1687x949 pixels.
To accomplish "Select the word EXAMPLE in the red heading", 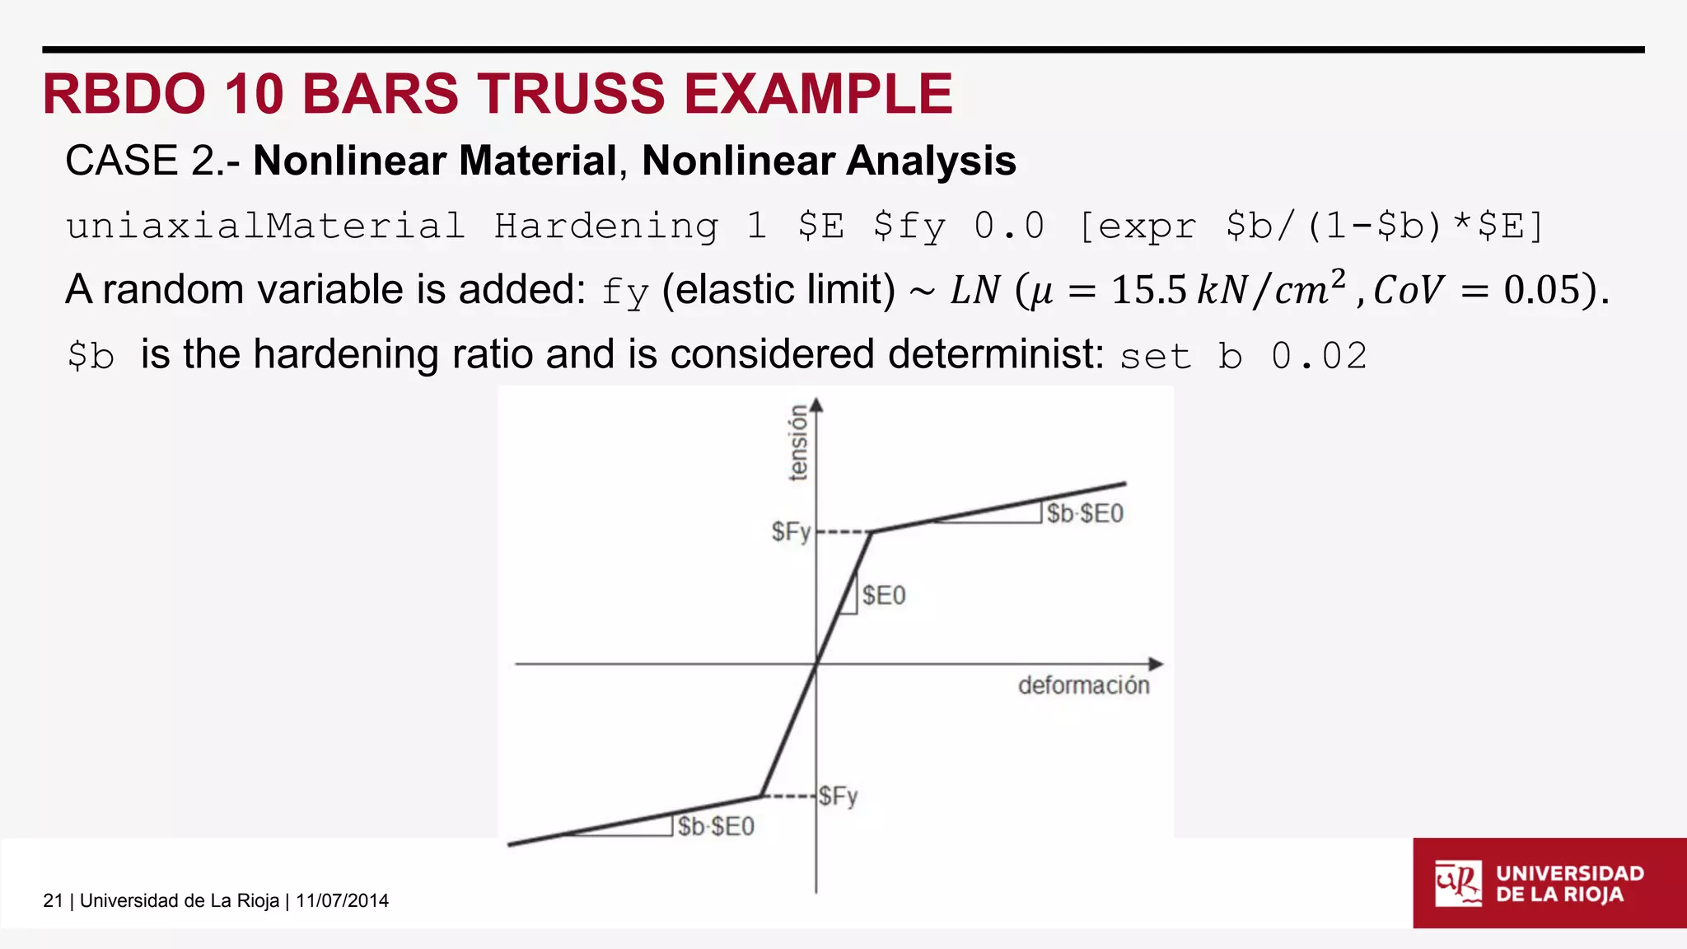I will (x=818, y=94).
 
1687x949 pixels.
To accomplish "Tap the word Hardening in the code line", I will (x=606, y=226).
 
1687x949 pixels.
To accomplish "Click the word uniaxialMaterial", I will (x=265, y=226).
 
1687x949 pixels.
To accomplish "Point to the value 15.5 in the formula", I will (x=1149, y=290).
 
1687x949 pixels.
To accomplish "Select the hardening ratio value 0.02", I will (x=1319, y=356).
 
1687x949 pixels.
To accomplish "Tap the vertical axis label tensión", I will (x=797, y=442).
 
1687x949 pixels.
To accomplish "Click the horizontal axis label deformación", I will (x=1083, y=685).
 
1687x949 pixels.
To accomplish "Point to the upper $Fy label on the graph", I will (x=791, y=531).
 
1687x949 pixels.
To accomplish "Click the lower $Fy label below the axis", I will (x=839, y=796).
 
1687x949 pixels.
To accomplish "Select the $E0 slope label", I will (x=884, y=596).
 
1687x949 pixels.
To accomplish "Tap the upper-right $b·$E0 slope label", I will (x=1085, y=514).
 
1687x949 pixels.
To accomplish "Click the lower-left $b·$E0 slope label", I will (x=716, y=826).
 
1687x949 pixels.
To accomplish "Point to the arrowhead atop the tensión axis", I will (x=816, y=404).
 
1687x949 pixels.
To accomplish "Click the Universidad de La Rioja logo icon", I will (x=1457, y=883).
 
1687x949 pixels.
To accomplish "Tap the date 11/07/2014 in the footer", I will (x=342, y=900).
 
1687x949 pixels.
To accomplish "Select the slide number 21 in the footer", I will (x=53, y=900).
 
